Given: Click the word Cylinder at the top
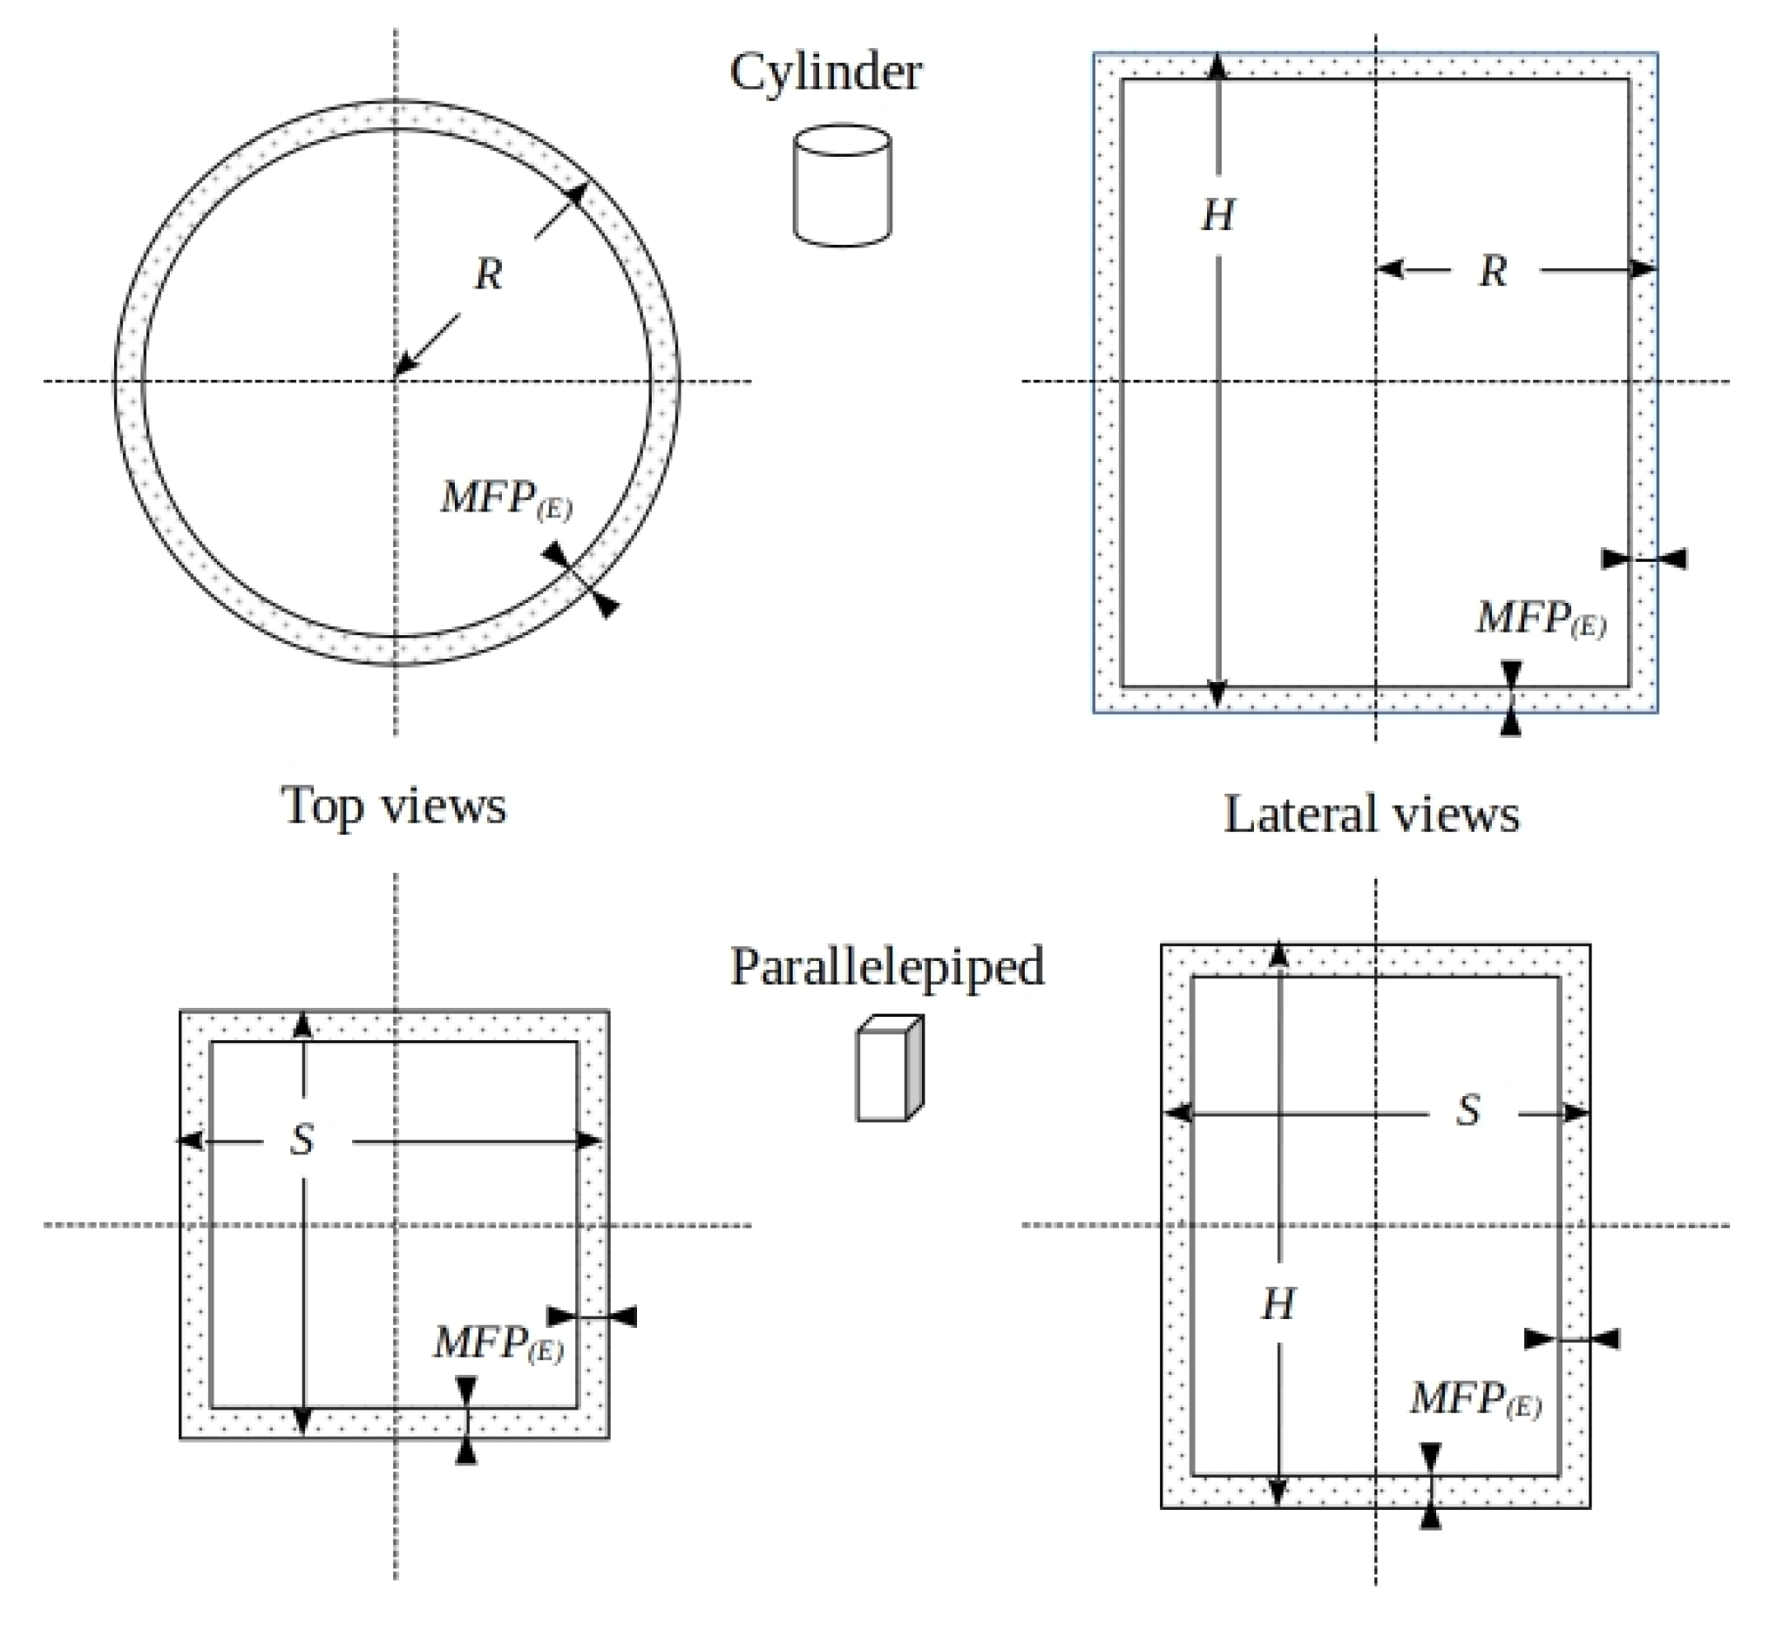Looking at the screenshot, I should pyautogui.click(x=825, y=72).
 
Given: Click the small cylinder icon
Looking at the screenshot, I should pyautogui.click(x=841, y=185).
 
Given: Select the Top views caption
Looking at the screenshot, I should pyautogui.click(x=394, y=806).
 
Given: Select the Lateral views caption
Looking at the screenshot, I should pyautogui.click(x=1371, y=814).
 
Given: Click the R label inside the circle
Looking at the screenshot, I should pyautogui.click(x=488, y=274).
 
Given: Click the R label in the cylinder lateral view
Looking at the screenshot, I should pyautogui.click(x=1492, y=271).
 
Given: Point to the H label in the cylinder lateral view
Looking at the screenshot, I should pyautogui.click(x=1217, y=215).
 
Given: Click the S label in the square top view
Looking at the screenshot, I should pyautogui.click(x=302, y=1140).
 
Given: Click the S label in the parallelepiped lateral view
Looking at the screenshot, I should pyautogui.click(x=1467, y=1110).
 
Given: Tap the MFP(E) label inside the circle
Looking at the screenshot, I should pyautogui.click(x=505, y=499).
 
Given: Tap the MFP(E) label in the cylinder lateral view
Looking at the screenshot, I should pyautogui.click(x=1541, y=619).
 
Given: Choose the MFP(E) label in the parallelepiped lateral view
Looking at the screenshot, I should pyautogui.click(x=1475, y=1401).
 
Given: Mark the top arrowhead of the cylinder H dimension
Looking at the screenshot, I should pyautogui.click(x=1217, y=65).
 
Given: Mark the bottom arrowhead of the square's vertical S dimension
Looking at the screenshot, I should pyautogui.click(x=302, y=1421).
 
